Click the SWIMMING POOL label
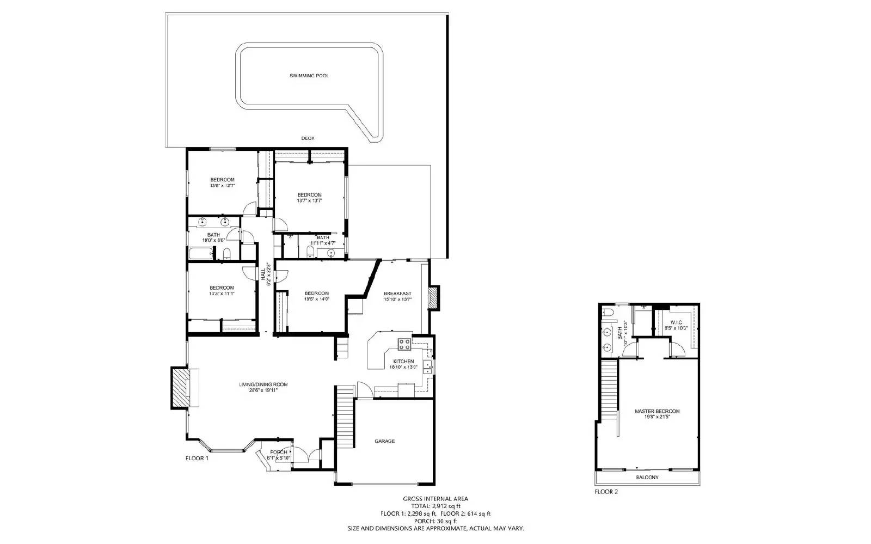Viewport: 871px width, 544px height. [309, 76]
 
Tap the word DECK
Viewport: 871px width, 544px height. [308, 138]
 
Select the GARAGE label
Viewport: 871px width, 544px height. [384, 441]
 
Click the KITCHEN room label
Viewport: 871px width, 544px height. [403, 361]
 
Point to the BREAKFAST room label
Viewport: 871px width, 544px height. [397, 294]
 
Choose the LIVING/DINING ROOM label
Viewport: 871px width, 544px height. [263, 384]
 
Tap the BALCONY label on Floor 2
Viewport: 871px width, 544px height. [647, 478]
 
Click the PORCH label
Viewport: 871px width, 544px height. [279, 452]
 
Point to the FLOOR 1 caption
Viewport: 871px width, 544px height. [197, 459]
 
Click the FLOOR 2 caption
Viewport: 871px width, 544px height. [606, 492]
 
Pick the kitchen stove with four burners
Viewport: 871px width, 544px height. [404, 344]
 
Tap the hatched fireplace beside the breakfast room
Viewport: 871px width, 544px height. [434, 298]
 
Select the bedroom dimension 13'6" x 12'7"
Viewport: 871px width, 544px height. [222, 186]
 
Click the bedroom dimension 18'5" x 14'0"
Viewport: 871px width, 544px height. [316, 299]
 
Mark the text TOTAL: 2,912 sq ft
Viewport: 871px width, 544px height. [435, 506]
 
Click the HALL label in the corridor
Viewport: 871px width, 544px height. [263, 271]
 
